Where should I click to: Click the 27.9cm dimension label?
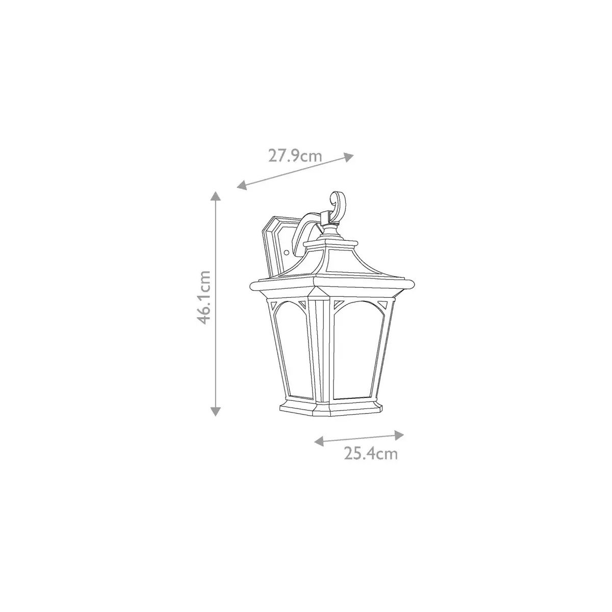pos(295,156)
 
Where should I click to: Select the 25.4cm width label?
pos(371,454)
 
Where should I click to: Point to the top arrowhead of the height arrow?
pos(216,196)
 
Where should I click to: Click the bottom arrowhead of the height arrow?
pos(216,412)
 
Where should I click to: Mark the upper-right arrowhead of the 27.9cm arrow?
pos(349,157)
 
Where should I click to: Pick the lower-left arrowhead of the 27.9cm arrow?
pos(242,185)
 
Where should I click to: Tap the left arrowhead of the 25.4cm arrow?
pos(319,441)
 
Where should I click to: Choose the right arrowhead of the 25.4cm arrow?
pos(399,435)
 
